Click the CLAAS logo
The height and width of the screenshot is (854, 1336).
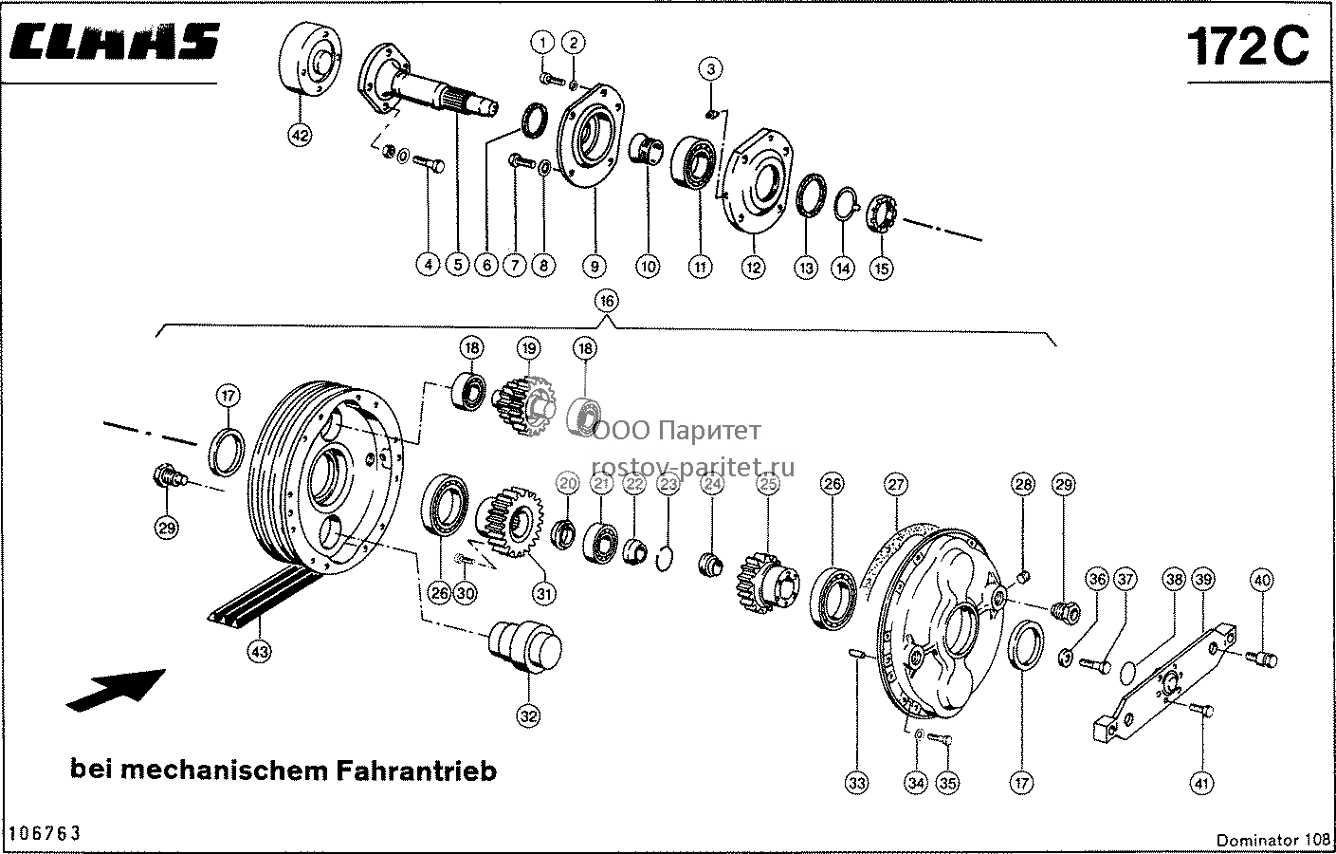click(x=115, y=42)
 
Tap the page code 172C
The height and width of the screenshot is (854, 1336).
click(x=1248, y=46)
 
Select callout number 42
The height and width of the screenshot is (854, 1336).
click(x=300, y=136)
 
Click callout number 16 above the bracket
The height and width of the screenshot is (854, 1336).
click(x=607, y=301)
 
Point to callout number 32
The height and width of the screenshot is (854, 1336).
click(x=528, y=715)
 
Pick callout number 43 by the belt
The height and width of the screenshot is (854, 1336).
click(x=260, y=652)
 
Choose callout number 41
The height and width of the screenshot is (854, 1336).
click(x=1201, y=783)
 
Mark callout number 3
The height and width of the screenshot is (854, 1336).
click(x=710, y=69)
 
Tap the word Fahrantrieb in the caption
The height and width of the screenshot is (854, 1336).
click(x=416, y=770)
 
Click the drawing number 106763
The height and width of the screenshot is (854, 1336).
click(x=45, y=833)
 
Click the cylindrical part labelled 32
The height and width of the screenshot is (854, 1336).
click(x=525, y=647)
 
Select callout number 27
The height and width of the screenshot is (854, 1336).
click(x=896, y=484)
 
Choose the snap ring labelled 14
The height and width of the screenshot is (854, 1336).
click(x=845, y=204)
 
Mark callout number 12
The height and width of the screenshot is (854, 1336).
click(x=753, y=267)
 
